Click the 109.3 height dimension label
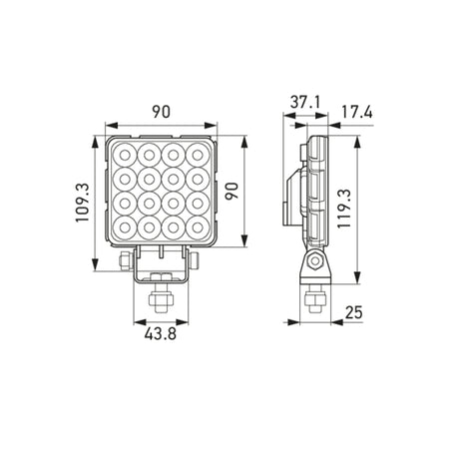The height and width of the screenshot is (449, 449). pyautogui.click(x=82, y=203)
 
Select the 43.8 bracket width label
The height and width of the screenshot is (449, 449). pyautogui.click(x=161, y=333)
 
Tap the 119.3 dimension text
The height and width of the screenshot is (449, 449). pyautogui.click(x=344, y=209)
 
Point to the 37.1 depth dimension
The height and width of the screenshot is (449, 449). pyautogui.click(x=305, y=102)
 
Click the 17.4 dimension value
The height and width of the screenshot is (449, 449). pyautogui.click(x=357, y=113)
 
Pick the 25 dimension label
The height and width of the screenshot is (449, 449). pyautogui.click(x=354, y=312)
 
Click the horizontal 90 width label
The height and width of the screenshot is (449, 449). pyautogui.click(x=162, y=112)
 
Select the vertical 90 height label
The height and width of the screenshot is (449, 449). pyautogui.click(x=231, y=191)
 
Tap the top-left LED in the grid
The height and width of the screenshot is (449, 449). pyautogui.click(x=125, y=155)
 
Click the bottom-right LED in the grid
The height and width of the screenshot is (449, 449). pyautogui.click(x=198, y=227)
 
